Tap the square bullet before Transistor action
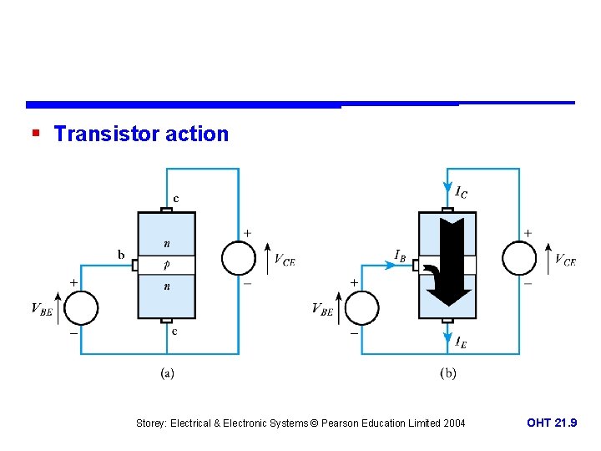coord(34,134)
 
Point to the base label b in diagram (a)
coord(122,254)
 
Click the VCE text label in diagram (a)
coord(285,260)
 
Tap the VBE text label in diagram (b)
coord(322,310)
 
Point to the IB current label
coord(401,254)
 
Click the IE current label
coord(460,341)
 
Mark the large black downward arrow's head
coord(448,296)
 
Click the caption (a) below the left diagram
coord(168,373)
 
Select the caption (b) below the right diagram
coord(448,373)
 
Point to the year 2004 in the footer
coord(452,423)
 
